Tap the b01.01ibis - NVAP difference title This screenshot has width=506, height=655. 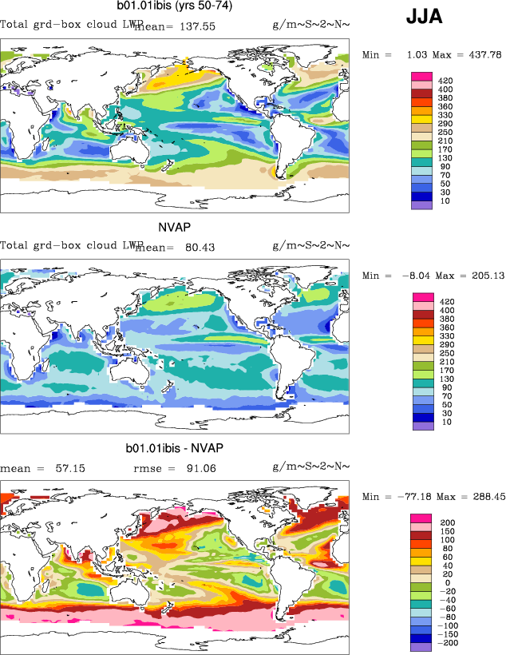pos(173,447)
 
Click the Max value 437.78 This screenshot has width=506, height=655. pos(482,55)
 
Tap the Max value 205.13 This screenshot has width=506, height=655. pos(482,276)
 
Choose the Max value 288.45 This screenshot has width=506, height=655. pos(482,496)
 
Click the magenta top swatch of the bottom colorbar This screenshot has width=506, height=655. pos(421,518)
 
